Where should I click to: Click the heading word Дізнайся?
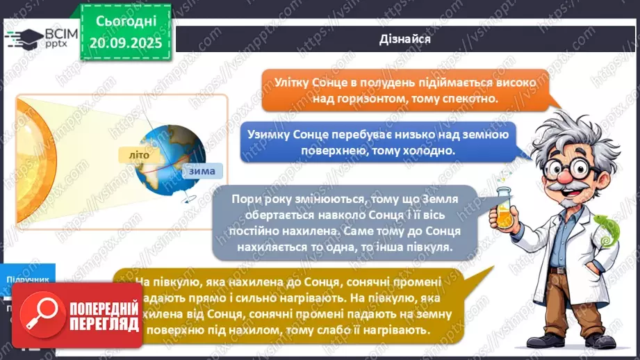tap(406, 39)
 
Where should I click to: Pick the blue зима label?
tap(199, 171)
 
